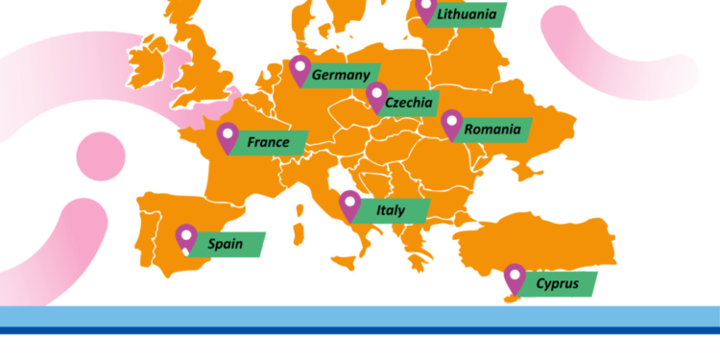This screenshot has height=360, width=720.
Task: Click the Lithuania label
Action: click(x=467, y=14)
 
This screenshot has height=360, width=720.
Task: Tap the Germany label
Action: click(x=341, y=75)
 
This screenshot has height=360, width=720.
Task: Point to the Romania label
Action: click(x=492, y=129)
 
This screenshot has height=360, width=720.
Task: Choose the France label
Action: click(x=268, y=142)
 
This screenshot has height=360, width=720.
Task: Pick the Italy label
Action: click(x=390, y=210)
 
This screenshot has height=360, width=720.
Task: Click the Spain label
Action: click(x=226, y=244)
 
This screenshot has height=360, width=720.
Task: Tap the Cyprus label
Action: click(x=557, y=283)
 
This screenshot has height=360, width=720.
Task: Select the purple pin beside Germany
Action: click(x=300, y=69)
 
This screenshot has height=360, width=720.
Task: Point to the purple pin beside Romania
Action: click(x=451, y=122)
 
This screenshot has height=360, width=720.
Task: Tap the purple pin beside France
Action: click(x=228, y=136)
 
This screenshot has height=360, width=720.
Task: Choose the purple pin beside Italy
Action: click(x=350, y=204)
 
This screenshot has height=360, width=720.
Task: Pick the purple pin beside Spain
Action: click(x=185, y=236)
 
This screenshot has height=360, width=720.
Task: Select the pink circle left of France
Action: click(x=101, y=156)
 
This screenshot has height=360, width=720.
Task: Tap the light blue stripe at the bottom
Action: click(x=360, y=316)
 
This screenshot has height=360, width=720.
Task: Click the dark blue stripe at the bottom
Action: click(x=360, y=330)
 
